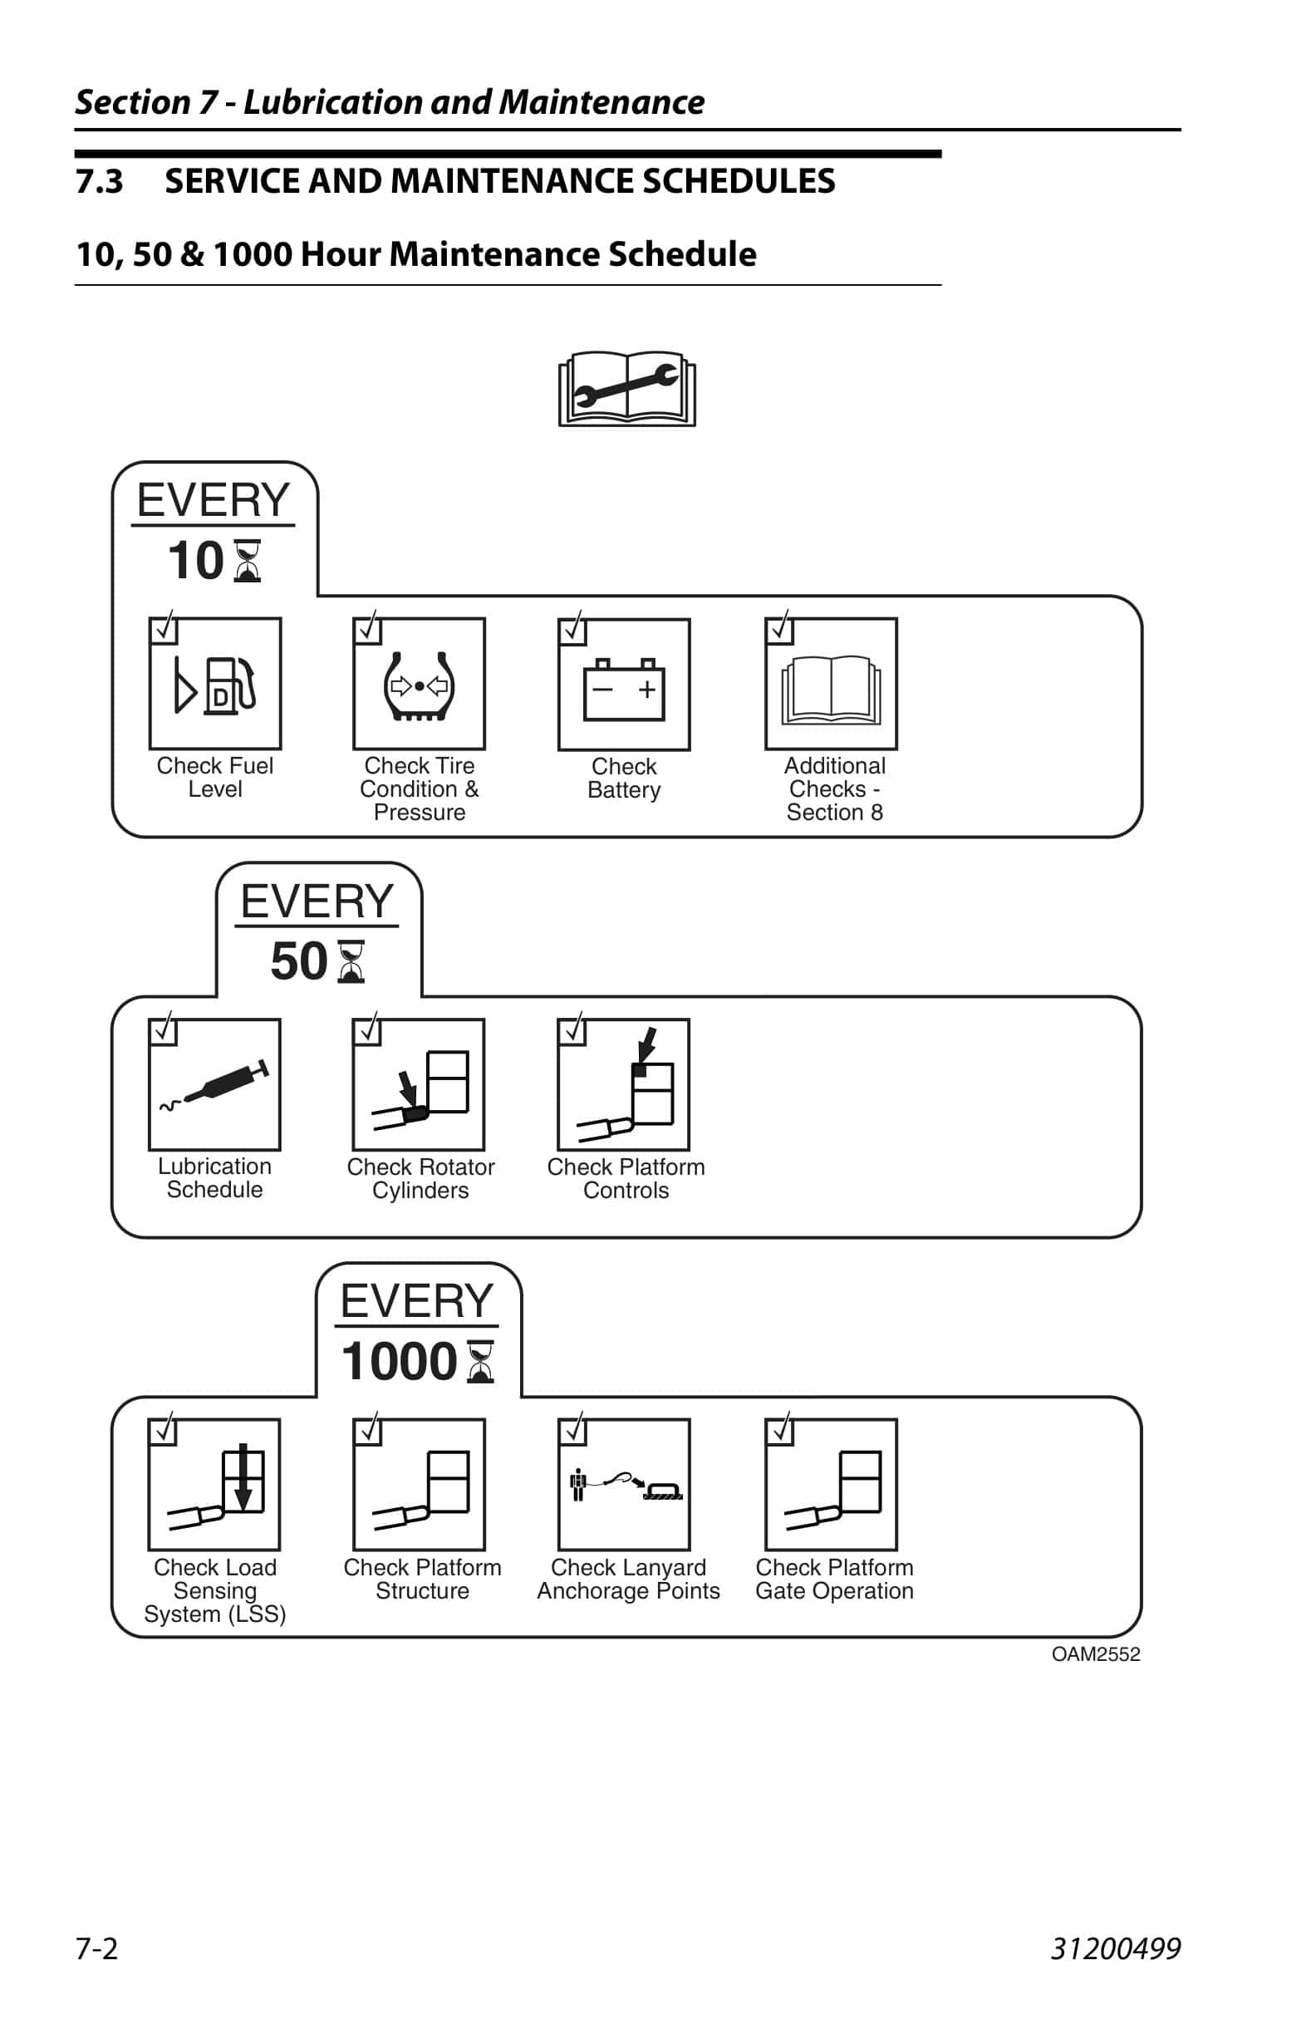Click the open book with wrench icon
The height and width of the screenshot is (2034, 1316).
coord(626,389)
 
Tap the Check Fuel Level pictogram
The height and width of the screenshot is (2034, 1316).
coord(215,684)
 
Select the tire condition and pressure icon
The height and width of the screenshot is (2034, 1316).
coord(419,684)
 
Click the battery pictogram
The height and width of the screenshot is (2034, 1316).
coord(624,685)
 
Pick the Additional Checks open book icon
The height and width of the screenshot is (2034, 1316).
coord(831,684)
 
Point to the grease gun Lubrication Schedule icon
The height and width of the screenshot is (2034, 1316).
coord(214,1084)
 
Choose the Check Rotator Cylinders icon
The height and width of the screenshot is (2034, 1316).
coord(419,1084)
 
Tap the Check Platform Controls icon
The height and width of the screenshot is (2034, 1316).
coord(624,1084)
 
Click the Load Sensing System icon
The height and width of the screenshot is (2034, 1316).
coord(214,1485)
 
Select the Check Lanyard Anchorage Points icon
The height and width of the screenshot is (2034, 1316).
coord(624,1485)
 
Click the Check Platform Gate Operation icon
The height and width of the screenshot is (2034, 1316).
coord(831,1485)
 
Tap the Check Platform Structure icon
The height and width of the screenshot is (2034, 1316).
coord(419,1485)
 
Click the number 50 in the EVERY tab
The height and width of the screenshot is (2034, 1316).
coord(298,961)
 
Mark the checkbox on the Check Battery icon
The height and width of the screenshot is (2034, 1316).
coord(572,631)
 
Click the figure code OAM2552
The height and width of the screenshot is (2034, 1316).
coord(1096,1654)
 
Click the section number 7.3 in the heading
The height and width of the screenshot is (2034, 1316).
coord(99,181)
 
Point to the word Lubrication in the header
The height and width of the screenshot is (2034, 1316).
coord(332,102)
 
